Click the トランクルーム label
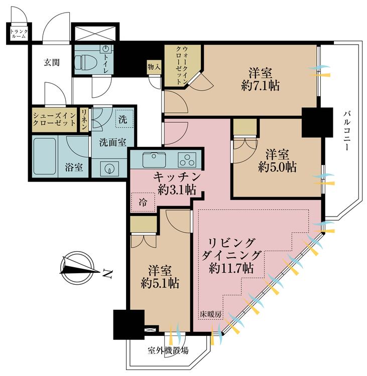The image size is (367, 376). point(19,34)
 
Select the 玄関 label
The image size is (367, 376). point(52,62)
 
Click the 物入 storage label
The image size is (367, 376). point(154,66)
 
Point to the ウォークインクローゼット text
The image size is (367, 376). point(182,65)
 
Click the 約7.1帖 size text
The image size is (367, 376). point(260,86)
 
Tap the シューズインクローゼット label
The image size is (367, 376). point(54,119)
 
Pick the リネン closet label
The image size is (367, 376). point(84,119)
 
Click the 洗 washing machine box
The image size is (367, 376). point(124,119)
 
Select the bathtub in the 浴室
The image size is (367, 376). point(45,156)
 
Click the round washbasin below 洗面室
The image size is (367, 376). point(109,168)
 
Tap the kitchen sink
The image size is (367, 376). point(154,160)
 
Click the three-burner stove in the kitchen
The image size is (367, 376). point(187,160)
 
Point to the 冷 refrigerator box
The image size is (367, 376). point(143,203)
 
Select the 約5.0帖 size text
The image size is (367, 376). point(277,166)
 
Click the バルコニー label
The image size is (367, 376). point(346,131)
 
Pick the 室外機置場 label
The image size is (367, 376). point(168,351)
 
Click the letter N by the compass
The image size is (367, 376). point(107,274)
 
